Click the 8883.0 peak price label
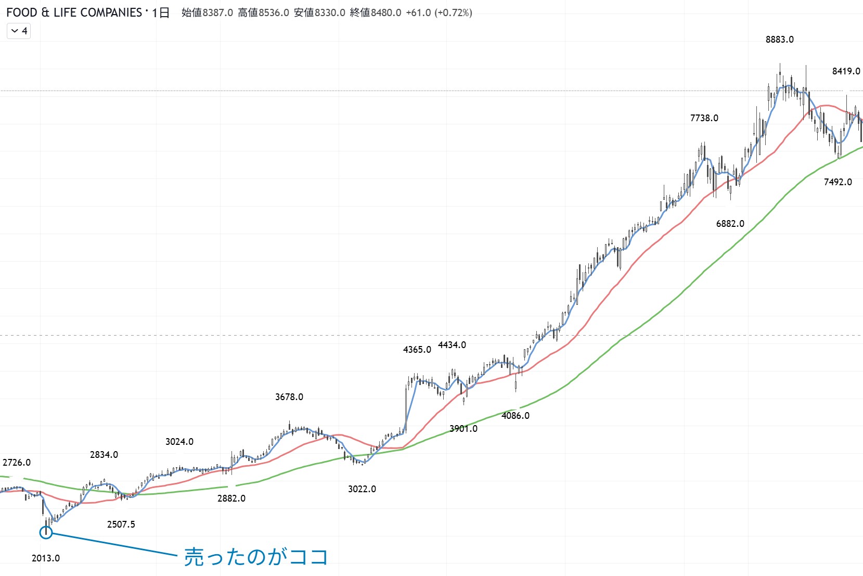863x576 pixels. [779, 40]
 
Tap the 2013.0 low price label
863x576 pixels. [46, 558]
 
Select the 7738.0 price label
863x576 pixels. [704, 118]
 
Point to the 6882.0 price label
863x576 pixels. [730, 224]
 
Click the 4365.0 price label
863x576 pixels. [417, 350]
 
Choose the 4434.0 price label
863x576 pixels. [452, 345]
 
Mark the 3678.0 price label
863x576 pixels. [289, 397]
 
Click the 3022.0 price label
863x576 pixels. [362, 489]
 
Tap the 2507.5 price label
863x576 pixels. [121, 524]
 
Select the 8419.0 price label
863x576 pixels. [846, 71]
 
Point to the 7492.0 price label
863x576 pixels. [838, 182]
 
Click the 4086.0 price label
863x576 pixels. [515, 416]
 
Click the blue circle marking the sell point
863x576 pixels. [46, 532]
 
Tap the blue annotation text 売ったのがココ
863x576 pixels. [256, 557]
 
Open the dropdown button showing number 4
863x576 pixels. [19, 31]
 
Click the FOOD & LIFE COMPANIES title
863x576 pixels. [74, 12]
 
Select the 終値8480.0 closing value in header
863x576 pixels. [375, 12]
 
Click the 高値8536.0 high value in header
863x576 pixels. [263, 12]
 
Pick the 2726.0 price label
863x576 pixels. [17, 463]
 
